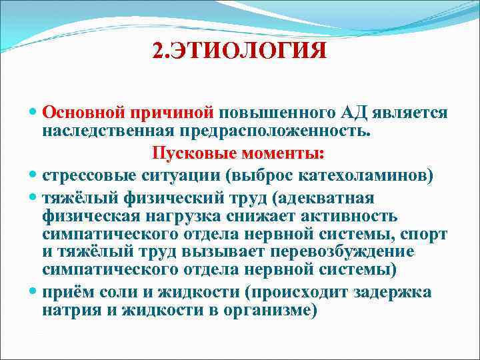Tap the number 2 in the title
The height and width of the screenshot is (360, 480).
pyautogui.click(x=157, y=50)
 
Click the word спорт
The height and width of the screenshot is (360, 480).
pyautogui.click(x=427, y=235)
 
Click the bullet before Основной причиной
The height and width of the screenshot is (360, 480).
pyautogui.click(x=33, y=113)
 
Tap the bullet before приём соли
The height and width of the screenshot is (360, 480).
pyautogui.click(x=33, y=292)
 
